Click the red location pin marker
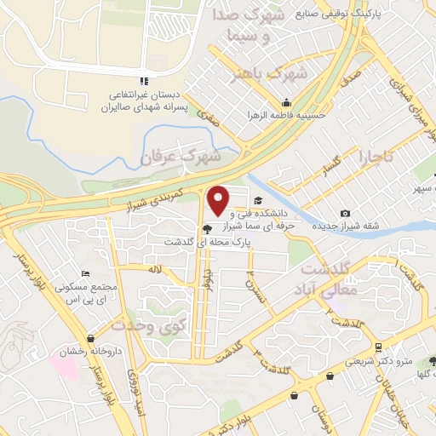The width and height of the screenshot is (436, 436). (x=219, y=200)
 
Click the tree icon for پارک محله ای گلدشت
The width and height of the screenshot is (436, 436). (x=208, y=228)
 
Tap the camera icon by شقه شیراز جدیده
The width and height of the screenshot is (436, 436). (x=344, y=214)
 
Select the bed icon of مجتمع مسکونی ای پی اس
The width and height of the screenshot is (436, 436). (x=84, y=273)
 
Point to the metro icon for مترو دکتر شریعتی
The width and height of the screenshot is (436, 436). (x=376, y=347)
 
